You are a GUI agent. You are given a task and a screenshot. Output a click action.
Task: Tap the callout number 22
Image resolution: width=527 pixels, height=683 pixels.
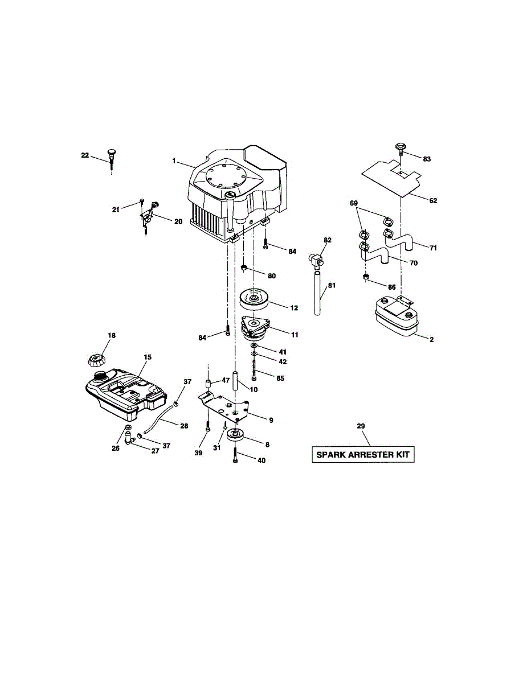85,155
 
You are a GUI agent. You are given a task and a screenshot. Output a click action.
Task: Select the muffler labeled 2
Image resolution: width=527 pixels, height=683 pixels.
395,318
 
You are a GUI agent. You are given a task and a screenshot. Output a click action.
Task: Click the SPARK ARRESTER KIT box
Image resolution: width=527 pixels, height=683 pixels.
363,455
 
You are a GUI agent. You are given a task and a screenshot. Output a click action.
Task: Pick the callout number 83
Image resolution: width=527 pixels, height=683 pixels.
427,159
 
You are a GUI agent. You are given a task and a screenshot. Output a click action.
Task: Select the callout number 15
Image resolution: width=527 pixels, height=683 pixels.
148,357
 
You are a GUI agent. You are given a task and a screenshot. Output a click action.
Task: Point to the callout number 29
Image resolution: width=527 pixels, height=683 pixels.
361,426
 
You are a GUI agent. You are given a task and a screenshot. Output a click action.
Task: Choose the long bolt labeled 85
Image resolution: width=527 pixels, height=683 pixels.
254,369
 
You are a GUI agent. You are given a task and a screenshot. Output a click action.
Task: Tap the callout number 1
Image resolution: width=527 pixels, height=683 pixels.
174,162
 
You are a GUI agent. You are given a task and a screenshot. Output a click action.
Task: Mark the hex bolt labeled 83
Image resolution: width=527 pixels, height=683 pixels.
401,150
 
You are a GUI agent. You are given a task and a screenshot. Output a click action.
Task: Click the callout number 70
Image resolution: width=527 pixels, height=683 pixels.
414,263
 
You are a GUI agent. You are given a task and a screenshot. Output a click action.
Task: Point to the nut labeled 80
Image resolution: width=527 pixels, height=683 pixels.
243,268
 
